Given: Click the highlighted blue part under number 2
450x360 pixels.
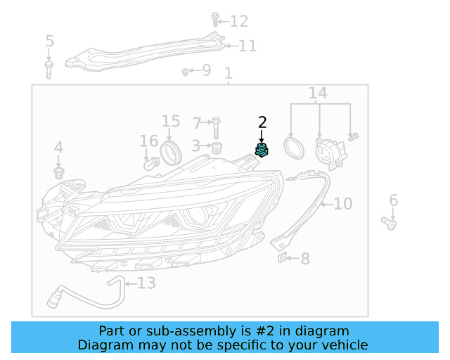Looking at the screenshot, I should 262,150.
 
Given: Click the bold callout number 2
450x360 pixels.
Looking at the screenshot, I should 262,122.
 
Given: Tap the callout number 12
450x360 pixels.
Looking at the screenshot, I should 239,21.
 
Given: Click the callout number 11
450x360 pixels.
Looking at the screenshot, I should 247,46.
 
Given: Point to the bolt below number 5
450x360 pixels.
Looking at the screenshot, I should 49,68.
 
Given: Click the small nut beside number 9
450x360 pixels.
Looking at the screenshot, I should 186,70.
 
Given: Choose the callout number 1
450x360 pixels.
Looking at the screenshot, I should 228,73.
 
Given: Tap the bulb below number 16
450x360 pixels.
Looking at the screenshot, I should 150,163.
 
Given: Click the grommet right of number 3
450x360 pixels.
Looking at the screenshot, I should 217,146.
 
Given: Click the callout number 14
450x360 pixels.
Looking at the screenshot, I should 318,93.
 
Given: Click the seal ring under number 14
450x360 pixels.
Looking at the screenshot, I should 292,148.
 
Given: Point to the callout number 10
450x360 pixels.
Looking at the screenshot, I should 342,204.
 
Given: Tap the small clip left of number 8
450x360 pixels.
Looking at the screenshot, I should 283,258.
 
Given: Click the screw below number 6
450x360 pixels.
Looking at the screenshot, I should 390,223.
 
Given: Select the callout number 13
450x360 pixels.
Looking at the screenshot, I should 146,283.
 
